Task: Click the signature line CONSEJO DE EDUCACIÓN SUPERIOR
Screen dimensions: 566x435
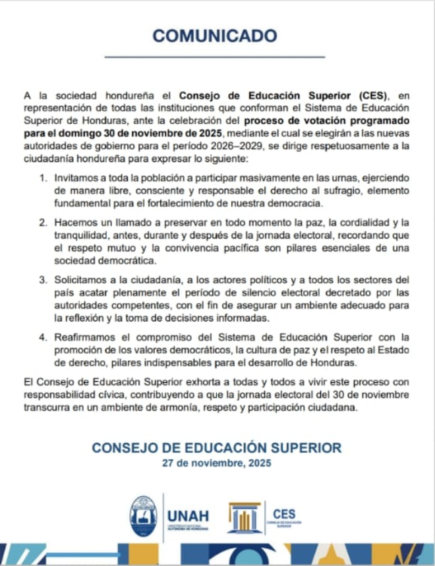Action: [x=217, y=448]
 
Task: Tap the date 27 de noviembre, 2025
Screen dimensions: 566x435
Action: [x=217, y=463]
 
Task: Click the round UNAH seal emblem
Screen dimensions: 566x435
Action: [x=144, y=515]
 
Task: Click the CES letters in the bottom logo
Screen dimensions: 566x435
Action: [x=283, y=514]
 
